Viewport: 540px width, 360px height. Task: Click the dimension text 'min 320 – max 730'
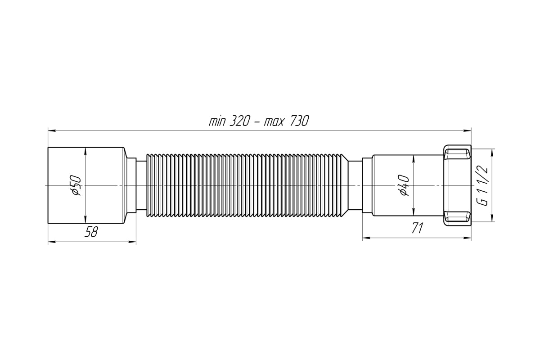(259, 121)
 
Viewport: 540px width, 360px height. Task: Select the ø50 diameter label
(76, 185)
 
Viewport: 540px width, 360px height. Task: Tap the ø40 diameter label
(404, 185)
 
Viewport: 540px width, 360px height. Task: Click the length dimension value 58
(91, 232)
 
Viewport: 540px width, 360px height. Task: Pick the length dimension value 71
(417, 229)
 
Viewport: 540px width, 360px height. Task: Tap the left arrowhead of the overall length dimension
(51, 130)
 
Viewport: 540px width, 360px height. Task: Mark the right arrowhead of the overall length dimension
(468, 130)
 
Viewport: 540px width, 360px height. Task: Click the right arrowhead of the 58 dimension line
(133, 242)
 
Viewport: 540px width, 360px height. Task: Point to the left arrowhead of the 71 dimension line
(366, 238)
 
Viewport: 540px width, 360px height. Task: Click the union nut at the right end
(457, 185)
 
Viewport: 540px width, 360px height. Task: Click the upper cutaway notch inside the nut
(457, 155)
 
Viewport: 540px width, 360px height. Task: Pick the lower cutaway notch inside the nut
(457, 216)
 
